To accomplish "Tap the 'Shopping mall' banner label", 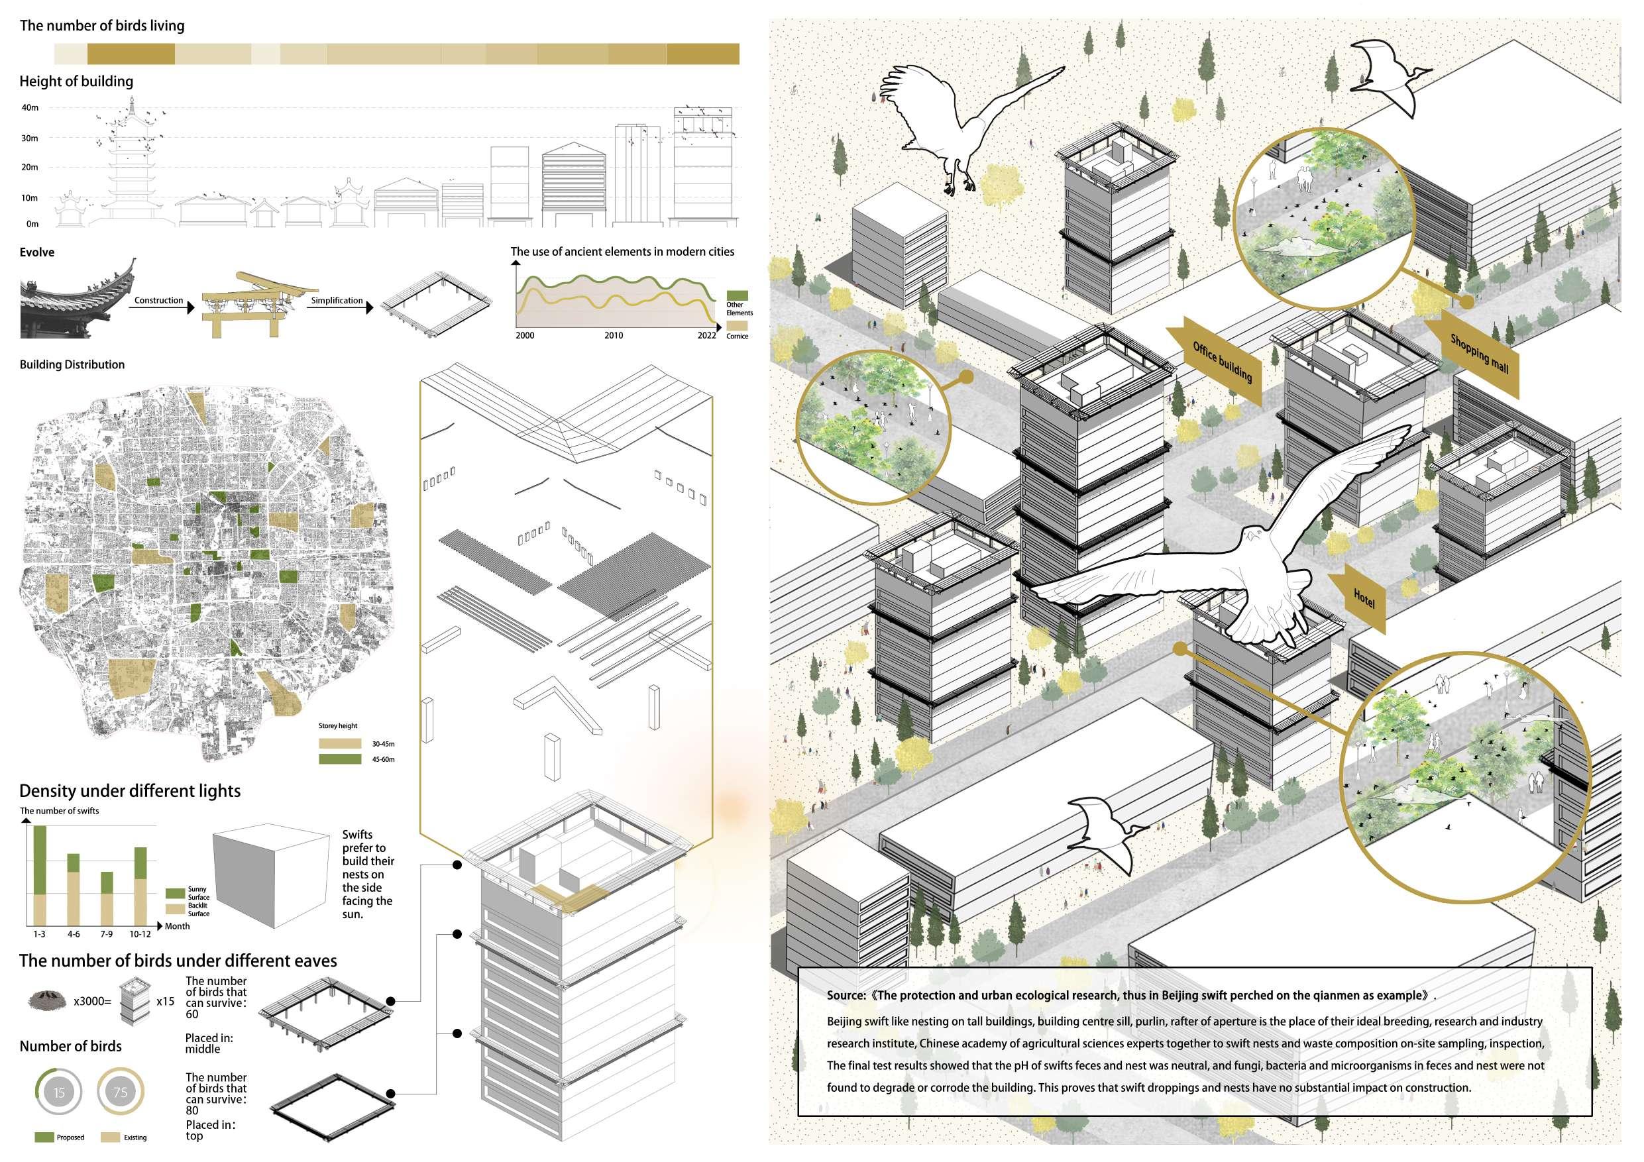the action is point(1479,353).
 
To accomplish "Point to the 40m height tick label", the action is point(30,108).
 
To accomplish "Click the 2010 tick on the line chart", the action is point(614,335).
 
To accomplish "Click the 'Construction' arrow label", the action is point(159,301).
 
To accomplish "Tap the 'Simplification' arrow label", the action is point(337,301).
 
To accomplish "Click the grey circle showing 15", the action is point(60,1092).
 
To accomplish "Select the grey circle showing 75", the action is point(121,1092).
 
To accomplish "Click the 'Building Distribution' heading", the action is point(72,364).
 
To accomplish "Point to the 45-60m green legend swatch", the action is point(340,759).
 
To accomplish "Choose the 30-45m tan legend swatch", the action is point(340,743).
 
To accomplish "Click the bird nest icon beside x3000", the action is point(47,1000).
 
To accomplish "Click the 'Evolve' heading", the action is point(37,252).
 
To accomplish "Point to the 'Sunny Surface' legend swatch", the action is point(176,893).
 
